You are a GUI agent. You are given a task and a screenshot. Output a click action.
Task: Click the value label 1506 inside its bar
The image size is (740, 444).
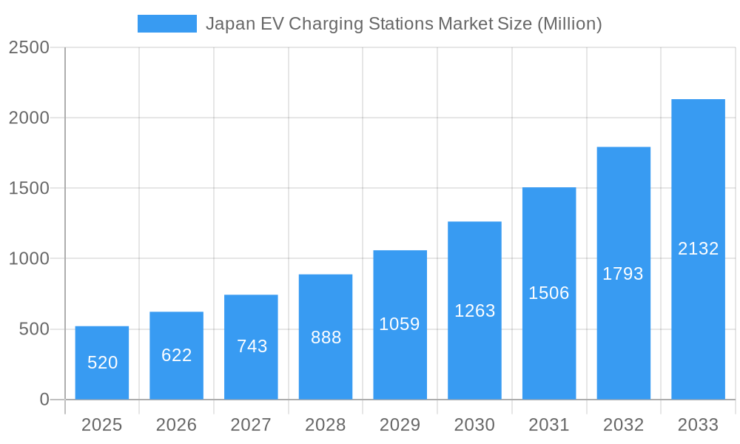(x=549, y=293)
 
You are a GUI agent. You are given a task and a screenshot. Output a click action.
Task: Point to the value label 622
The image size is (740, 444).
(x=177, y=355)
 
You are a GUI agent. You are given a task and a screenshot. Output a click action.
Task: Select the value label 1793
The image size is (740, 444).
(x=623, y=274)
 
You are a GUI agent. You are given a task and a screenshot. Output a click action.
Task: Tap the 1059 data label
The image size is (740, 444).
(x=400, y=324)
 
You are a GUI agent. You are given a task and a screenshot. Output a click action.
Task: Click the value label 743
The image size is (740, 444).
(x=252, y=346)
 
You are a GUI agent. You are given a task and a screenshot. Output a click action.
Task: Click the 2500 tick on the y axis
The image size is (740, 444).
(x=29, y=47)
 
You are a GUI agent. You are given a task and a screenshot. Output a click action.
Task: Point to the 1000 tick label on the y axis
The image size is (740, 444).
(x=29, y=259)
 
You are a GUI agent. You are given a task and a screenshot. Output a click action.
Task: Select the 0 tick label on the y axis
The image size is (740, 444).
(x=44, y=400)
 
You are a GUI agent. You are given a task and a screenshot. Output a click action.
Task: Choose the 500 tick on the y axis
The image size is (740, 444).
(x=34, y=329)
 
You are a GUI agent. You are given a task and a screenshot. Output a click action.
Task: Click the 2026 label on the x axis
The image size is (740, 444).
(x=176, y=425)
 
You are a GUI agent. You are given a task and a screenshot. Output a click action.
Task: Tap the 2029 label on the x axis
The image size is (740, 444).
(x=400, y=425)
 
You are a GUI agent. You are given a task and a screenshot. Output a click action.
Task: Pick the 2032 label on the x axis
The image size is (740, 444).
(x=623, y=425)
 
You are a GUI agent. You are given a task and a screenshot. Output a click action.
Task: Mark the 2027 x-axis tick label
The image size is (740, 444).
(x=251, y=425)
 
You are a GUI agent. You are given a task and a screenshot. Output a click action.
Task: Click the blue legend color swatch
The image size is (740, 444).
(x=167, y=24)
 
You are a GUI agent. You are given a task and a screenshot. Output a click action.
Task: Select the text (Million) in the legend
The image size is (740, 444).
(x=569, y=24)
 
